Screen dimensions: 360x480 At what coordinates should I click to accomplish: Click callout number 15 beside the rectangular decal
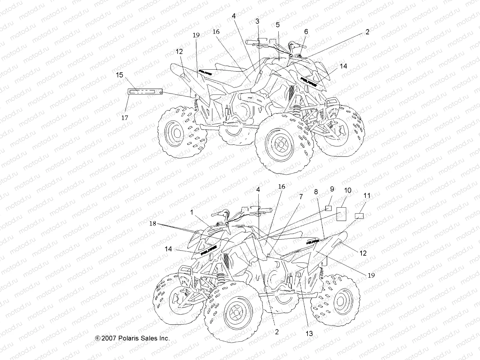[x=119, y=75]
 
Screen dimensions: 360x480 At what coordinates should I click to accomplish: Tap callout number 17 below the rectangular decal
[x=125, y=118]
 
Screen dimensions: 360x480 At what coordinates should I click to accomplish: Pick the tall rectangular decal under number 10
[x=341, y=214]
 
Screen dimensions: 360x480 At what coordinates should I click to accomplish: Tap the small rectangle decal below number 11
[x=359, y=216]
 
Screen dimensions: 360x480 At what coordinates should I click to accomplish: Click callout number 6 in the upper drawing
[x=306, y=31]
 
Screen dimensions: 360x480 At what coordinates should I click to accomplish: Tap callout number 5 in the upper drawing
[x=278, y=24]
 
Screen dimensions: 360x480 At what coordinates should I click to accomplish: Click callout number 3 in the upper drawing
[x=257, y=21]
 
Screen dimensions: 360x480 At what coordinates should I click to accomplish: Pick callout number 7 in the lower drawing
[x=301, y=197]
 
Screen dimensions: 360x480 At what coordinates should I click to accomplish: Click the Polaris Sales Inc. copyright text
[x=132, y=338]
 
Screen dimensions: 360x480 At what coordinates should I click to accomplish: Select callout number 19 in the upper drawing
[x=196, y=35]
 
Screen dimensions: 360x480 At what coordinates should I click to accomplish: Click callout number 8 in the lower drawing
[x=316, y=192]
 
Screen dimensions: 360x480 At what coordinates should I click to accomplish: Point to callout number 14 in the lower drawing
[x=168, y=249]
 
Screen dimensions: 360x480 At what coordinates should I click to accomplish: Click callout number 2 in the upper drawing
[x=367, y=32]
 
